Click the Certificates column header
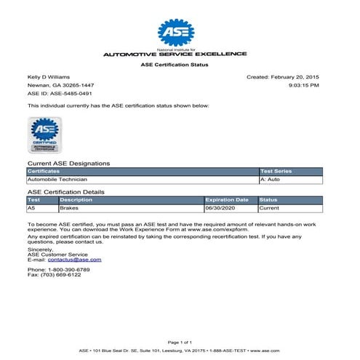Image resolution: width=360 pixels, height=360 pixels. (x=44, y=171)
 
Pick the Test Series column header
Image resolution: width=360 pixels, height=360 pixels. (x=276, y=171)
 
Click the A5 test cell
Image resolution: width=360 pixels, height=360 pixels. (x=31, y=207)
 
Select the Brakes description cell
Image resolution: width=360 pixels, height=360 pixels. (x=70, y=207)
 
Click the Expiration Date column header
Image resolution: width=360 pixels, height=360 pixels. (x=227, y=199)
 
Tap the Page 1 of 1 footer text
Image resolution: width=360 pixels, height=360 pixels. (x=178, y=341)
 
